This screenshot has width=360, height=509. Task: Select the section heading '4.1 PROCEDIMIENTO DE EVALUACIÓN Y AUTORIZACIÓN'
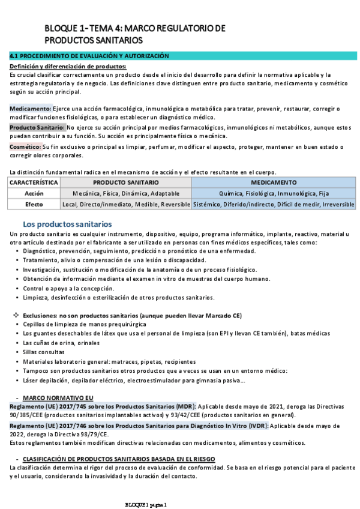[90, 56]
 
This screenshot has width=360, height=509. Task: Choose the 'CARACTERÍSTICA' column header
[34, 182]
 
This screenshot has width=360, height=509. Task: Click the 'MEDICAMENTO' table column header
[274, 182]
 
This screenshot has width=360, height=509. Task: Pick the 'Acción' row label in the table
[34, 193]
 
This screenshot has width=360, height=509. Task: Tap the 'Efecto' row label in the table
[34, 205]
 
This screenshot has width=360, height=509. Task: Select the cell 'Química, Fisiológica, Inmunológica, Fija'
[274, 193]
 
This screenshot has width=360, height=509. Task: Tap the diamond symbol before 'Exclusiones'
[16, 315]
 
